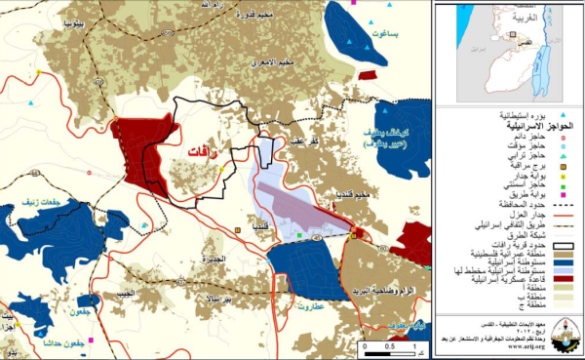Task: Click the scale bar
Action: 389,344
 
